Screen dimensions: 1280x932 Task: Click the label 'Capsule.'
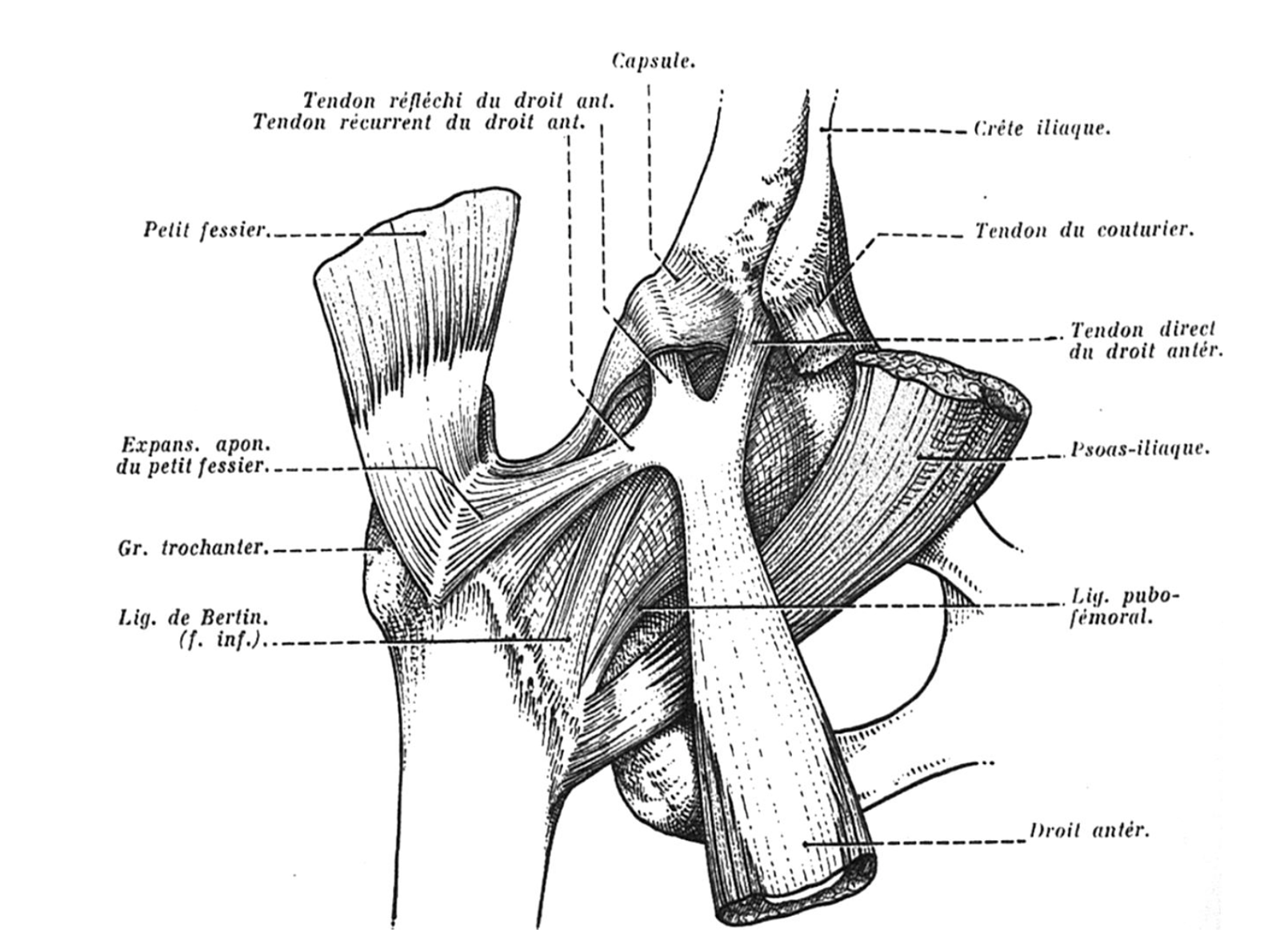click(x=653, y=61)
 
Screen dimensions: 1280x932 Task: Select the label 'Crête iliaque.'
click(x=1042, y=129)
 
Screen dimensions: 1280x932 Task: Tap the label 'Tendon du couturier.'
click(x=1084, y=231)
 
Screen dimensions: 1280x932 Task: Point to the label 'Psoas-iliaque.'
click(x=1140, y=449)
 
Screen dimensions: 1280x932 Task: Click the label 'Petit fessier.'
click(x=205, y=230)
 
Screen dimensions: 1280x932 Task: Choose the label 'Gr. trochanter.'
click(x=190, y=549)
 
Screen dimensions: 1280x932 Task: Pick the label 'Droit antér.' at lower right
click(x=1089, y=830)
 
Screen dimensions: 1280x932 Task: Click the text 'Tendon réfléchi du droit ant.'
click(x=458, y=102)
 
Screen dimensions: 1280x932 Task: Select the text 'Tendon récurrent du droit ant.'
click(x=418, y=123)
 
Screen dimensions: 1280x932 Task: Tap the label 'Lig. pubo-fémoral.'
click(x=1124, y=606)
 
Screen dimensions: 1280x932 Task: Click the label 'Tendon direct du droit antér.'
click(x=1146, y=339)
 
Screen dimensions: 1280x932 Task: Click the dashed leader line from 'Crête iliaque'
click(x=896, y=130)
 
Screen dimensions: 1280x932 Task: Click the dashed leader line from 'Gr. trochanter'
click(x=320, y=550)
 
